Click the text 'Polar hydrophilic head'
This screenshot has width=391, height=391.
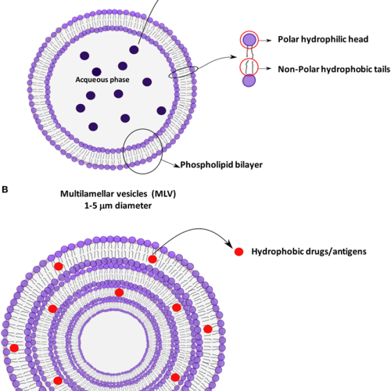[323, 39]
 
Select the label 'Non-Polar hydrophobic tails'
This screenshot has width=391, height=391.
[334, 70]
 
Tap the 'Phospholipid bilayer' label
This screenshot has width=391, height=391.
[221, 165]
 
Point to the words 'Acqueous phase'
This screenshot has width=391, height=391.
[102, 80]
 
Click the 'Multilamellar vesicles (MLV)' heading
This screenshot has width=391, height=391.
[118, 194]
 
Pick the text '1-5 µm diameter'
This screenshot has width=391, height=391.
[118, 206]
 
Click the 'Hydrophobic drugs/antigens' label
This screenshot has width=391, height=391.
[309, 252]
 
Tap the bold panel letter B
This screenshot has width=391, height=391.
[5, 189]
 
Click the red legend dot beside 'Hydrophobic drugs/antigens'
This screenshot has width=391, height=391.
[239, 252]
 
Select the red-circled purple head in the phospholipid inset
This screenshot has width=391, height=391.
[249, 40]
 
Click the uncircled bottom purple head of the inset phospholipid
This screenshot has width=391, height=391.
[249, 81]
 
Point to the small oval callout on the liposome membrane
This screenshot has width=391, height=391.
[183, 72]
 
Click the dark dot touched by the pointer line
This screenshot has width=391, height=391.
[134, 49]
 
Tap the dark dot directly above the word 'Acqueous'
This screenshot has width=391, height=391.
[96, 72]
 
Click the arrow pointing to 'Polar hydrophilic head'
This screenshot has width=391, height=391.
[265, 41]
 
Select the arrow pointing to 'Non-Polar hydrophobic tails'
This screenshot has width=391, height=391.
[265, 69]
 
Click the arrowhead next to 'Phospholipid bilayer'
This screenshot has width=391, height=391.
[178, 165]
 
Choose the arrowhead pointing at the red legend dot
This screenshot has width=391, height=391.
[229, 245]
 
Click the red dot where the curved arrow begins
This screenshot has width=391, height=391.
[152, 259]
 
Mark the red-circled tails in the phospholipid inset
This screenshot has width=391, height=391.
[249, 67]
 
